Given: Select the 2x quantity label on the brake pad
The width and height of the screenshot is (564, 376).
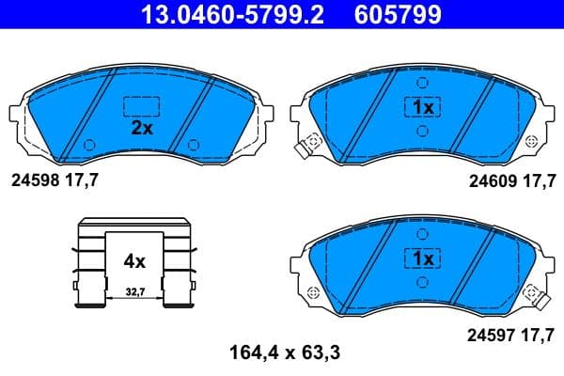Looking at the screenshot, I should [142, 129].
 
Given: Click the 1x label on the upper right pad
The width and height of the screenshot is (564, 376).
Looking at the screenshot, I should [422, 107].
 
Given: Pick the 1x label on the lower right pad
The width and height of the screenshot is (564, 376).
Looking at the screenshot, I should [420, 257].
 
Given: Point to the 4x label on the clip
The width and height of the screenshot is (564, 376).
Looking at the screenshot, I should [134, 260].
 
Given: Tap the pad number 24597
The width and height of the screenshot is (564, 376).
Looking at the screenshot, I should [492, 333].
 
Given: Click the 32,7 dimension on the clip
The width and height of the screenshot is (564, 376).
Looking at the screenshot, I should [135, 293].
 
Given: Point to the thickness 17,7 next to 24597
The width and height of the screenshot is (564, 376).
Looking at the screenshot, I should [537, 333].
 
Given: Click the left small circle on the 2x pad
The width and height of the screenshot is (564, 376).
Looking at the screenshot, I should [89, 144].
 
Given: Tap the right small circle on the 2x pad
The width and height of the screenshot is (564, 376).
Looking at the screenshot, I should [193, 144].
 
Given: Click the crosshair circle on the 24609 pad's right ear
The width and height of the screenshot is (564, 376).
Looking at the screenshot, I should [532, 141].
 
